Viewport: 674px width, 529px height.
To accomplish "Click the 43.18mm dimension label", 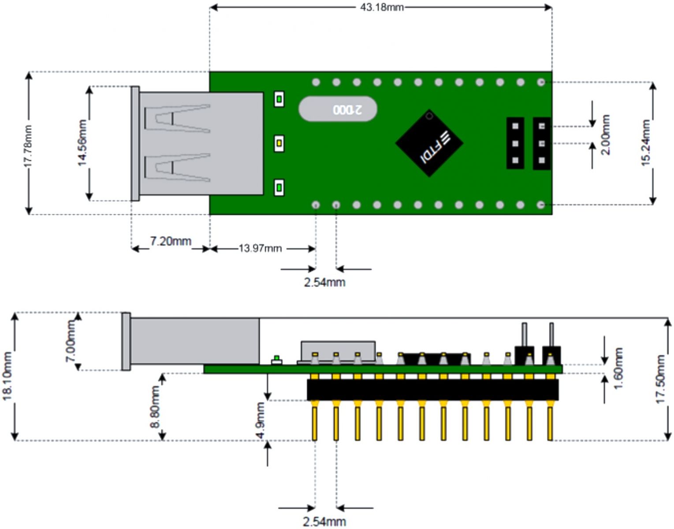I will [x=382, y=7].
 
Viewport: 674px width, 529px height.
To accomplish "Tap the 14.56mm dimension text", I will [x=82, y=143].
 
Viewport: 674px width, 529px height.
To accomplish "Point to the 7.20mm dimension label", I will [x=171, y=241].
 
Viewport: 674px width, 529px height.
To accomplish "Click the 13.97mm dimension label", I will [x=260, y=248].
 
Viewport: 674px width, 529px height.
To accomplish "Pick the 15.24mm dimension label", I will [x=646, y=143].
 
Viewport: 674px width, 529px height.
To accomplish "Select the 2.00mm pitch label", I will [x=606, y=135].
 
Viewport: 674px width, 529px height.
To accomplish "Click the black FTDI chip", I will [x=429, y=143].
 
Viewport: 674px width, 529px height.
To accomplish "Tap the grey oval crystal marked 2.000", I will [x=338, y=109].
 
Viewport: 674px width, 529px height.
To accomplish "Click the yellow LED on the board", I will [x=279, y=143].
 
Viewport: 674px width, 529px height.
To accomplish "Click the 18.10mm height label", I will [x=7, y=376].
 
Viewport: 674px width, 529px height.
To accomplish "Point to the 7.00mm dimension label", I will [x=71, y=342].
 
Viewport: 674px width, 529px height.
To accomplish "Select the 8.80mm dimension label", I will [x=156, y=407].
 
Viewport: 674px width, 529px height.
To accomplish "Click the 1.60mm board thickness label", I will [x=618, y=368].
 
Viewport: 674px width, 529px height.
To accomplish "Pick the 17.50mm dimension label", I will [x=660, y=379].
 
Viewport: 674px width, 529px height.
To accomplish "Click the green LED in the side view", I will [x=276, y=358].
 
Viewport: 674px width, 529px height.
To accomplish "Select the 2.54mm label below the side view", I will [x=324, y=522].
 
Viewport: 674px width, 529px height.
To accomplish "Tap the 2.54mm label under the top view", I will [x=324, y=282].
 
